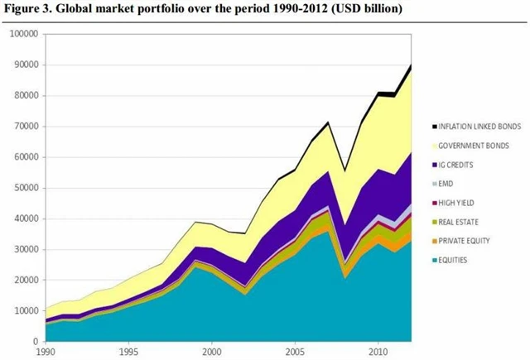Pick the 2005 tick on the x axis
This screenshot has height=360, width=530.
pyautogui.click(x=296, y=352)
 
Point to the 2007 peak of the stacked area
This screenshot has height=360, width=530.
pyautogui.click(x=329, y=122)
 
